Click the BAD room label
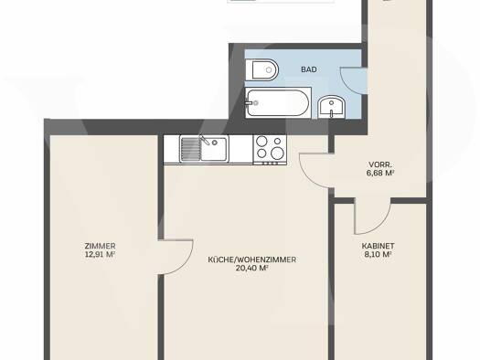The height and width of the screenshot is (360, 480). (309, 69)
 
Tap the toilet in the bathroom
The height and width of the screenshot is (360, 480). (261, 69)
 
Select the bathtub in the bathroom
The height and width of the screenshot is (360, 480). (278, 102)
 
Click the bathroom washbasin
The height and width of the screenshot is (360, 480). (332, 108)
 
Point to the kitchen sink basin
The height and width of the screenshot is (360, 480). (214, 149)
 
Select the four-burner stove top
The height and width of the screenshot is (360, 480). (270, 150)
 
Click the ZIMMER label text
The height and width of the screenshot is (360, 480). (100, 246)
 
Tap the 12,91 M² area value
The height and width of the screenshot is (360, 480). (100, 255)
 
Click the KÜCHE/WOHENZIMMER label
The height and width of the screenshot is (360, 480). (252, 259)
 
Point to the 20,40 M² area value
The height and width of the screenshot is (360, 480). (252, 269)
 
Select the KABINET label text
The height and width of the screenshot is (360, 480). (379, 246)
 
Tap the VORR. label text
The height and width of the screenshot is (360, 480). (380, 164)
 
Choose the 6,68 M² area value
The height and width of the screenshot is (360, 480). (380, 173)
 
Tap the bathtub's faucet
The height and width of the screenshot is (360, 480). (250, 102)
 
